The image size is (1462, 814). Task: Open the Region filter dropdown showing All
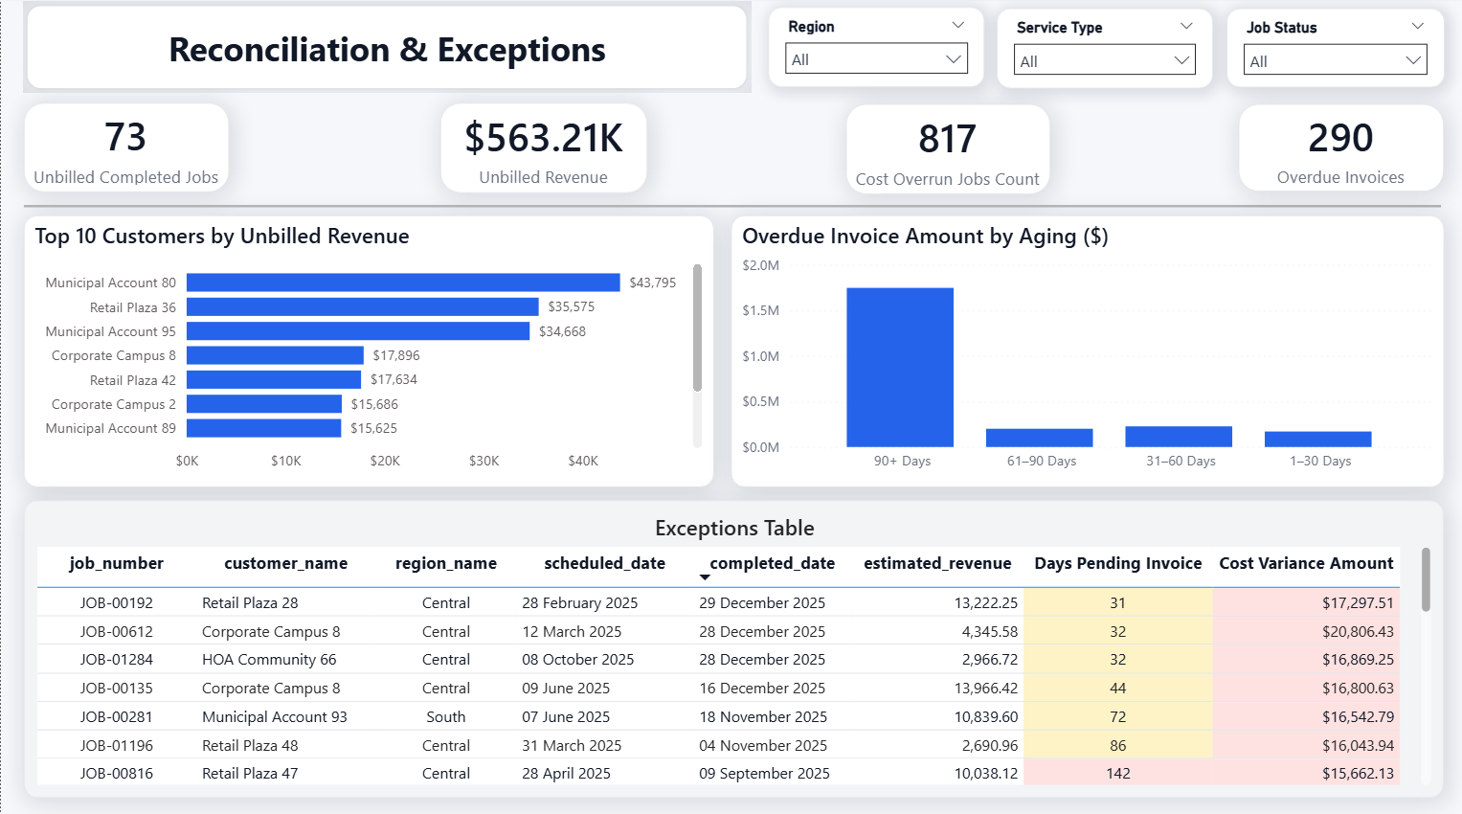[876, 59]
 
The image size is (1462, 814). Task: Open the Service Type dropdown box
[1104, 60]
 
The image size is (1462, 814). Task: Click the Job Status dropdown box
[1335, 60]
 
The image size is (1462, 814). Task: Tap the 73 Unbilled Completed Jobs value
[125, 137]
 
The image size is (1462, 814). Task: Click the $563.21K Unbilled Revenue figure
[544, 138]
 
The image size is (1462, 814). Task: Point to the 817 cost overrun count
[947, 139]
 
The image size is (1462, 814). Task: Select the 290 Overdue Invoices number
[1340, 138]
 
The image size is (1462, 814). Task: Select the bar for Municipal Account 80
[403, 283]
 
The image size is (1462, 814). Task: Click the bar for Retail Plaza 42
[274, 379]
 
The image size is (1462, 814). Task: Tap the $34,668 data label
[562, 331]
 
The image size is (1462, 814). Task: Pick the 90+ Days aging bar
[900, 368]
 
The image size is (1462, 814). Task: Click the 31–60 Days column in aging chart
[1179, 437]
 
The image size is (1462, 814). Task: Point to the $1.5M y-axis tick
[760, 310]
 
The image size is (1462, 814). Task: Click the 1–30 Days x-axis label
[1320, 461]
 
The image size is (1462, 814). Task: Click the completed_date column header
[772, 563]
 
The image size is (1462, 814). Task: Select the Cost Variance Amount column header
[1306, 563]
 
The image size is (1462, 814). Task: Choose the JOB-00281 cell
[116, 716]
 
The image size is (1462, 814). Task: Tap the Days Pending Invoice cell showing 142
[1118, 774]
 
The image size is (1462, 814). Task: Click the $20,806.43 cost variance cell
[1358, 632]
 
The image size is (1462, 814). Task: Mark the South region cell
[446, 716]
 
